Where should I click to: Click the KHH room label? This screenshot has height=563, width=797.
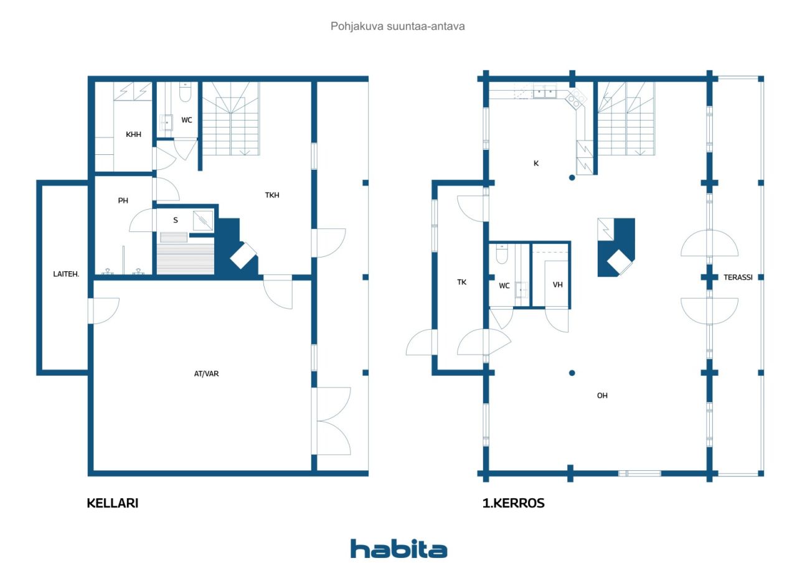(133, 134)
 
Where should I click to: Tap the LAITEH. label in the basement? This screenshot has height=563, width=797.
(66, 274)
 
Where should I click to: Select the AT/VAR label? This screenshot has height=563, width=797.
(206, 373)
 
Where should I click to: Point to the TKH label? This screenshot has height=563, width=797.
(272, 195)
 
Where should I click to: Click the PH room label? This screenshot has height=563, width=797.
(123, 201)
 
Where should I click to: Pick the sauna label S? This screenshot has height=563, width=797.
(176, 220)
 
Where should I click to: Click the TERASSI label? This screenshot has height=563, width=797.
(738, 277)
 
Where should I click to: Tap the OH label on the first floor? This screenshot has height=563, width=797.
(602, 396)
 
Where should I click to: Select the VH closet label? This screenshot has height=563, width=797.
(557, 285)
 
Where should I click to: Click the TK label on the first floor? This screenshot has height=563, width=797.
(462, 282)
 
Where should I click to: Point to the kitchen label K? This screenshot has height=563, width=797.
(536, 164)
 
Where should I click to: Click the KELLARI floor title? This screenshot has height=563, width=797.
(113, 503)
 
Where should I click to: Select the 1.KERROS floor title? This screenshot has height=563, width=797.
(514, 503)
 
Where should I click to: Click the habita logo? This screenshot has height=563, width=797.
(399, 549)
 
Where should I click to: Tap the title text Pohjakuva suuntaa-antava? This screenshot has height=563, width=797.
(398, 26)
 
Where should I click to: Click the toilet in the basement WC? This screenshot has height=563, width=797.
(185, 93)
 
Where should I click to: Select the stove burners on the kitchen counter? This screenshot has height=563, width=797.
(576, 98)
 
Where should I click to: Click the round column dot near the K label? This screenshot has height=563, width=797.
(572, 178)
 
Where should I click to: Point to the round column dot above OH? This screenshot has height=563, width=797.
(572, 373)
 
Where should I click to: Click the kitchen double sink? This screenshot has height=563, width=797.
(545, 92)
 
